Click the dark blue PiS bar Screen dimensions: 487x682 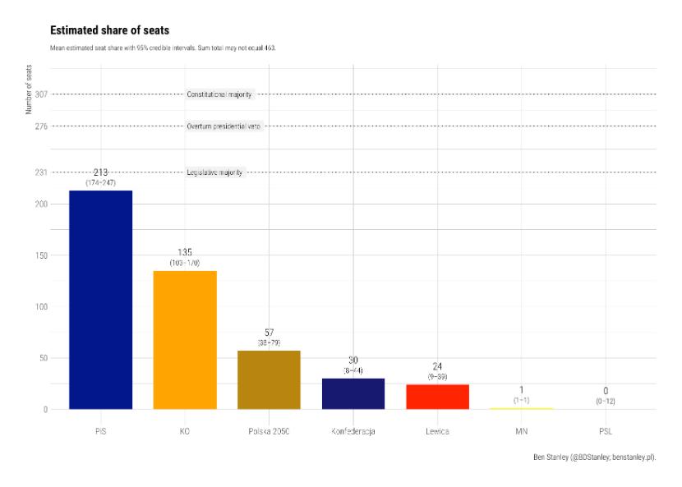point(100,300)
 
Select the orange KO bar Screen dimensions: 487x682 point(185,340)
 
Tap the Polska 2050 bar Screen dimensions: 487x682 point(269,379)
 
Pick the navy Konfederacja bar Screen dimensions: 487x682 point(353,393)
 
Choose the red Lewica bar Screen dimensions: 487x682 point(437,396)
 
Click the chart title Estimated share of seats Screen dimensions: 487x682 point(109,30)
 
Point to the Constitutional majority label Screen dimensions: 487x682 point(219,94)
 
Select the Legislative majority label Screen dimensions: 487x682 point(214,172)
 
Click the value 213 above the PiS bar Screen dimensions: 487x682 point(100,172)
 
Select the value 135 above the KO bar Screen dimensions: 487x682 point(185,252)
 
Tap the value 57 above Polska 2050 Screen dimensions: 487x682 point(269,332)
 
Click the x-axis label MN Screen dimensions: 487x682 point(521,430)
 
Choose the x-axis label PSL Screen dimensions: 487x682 point(606,430)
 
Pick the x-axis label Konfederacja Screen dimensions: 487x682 point(353,430)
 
